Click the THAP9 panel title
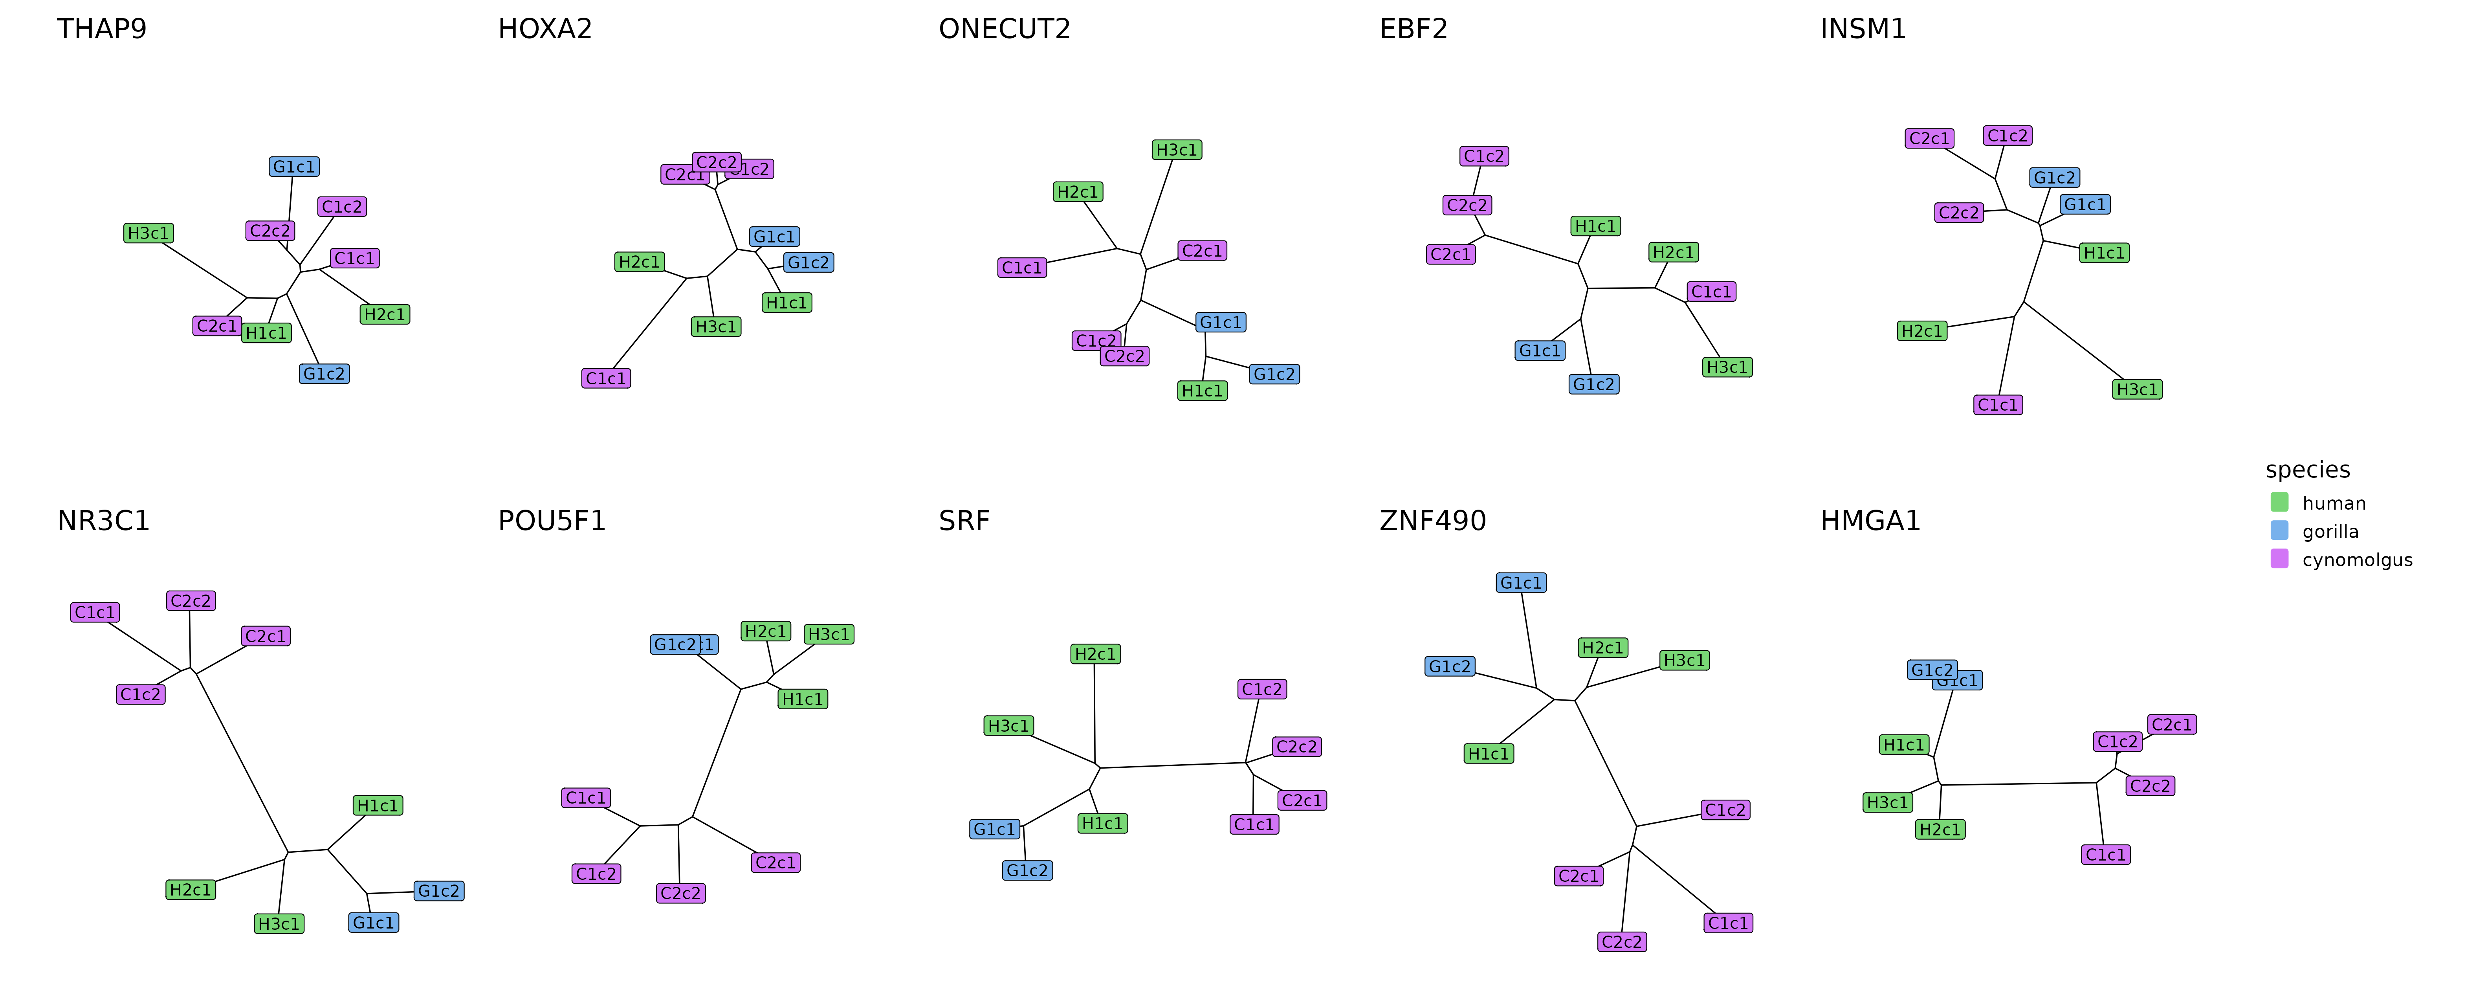coord(102,29)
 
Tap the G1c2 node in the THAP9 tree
coord(324,374)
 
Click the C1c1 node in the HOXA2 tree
coord(606,378)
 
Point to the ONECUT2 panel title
coord(1004,29)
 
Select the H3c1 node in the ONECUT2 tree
coord(1177,150)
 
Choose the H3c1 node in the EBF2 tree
coord(1727,367)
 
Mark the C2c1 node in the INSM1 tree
coord(1929,138)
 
